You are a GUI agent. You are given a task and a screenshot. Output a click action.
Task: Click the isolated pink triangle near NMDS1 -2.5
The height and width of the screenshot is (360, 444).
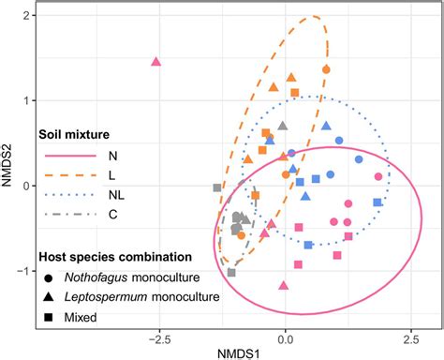coord(156,63)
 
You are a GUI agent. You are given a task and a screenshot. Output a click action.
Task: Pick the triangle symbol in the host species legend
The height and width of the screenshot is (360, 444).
coord(47,296)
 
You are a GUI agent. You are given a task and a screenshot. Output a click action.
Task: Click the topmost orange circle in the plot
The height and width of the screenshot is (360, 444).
coord(326,69)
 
